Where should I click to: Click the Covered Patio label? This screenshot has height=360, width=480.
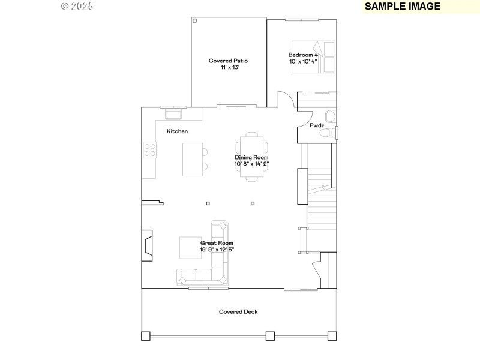[x=228, y=61]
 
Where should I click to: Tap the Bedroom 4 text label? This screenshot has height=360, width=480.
[x=303, y=55]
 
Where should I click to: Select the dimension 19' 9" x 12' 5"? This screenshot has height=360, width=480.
[x=217, y=250]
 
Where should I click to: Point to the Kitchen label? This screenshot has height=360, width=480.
[x=177, y=131]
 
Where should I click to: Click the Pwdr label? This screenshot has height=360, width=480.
[x=317, y=126]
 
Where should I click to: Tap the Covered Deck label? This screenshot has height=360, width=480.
[x=238, y=311]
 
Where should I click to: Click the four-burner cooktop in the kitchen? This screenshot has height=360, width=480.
[x=149, y=150]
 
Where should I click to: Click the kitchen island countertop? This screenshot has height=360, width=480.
[x=192, y=159]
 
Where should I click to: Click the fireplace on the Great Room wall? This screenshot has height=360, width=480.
[x=146, y=246]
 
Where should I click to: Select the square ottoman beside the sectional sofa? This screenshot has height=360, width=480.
[x=191, y=248]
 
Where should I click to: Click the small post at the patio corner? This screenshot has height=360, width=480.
[x=194, y=21]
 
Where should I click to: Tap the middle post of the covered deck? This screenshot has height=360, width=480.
[x=270, y=336]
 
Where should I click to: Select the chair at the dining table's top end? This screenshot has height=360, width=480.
[x=252, y=134]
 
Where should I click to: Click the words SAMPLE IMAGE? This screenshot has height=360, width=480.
[x=403, y=7]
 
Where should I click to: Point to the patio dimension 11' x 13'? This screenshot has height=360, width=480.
[x=228, y=68]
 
